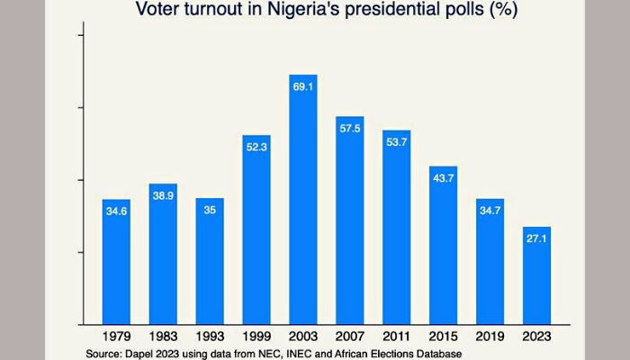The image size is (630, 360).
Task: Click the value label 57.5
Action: [349, 130]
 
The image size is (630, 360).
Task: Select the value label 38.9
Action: [163, 195]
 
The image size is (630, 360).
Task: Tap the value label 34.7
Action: [490, 211]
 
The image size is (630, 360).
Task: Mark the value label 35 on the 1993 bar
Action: [210, 211]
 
